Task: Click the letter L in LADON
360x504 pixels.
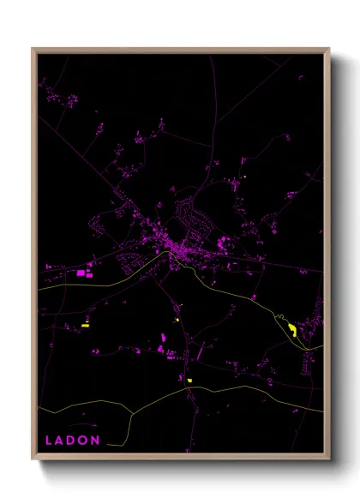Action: coord(48,441)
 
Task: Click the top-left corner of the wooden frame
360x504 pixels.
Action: coord(33,49)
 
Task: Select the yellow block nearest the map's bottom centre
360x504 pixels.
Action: coord(189,380)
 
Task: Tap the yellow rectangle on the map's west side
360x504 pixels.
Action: coord(86,325)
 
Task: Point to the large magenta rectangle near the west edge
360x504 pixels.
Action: coord(82,273)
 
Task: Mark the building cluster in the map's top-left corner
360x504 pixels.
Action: coord(60,96)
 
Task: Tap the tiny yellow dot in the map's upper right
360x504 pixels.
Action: coord(244,177)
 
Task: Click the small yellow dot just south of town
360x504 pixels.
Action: coord(177,320)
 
